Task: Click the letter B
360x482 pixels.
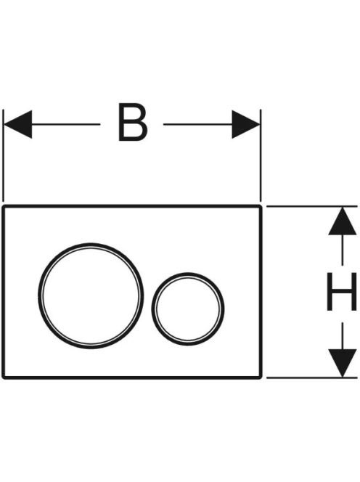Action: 132,123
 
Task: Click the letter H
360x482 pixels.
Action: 342,291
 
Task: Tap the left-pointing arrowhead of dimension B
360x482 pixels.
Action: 18,124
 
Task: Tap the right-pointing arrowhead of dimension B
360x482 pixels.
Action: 246,124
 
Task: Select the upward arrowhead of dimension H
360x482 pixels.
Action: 342,221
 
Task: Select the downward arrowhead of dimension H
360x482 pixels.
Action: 342,363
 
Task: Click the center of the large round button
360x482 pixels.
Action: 91,295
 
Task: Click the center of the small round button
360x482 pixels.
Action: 187,309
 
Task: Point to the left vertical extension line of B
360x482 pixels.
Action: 3,155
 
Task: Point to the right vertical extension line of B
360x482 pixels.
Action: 261,155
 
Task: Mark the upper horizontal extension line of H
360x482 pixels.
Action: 311,206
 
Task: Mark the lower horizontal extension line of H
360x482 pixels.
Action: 311,377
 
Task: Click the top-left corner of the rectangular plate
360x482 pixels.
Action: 3,206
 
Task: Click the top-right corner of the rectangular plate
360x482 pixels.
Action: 261,206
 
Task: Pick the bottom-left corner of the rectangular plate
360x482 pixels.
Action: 3,377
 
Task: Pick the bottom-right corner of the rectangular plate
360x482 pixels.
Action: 261,377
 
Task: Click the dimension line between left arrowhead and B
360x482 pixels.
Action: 66,124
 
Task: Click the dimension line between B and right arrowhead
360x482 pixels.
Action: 197,124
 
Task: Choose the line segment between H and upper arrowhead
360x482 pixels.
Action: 342,250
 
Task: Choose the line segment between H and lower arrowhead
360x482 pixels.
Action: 342,335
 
